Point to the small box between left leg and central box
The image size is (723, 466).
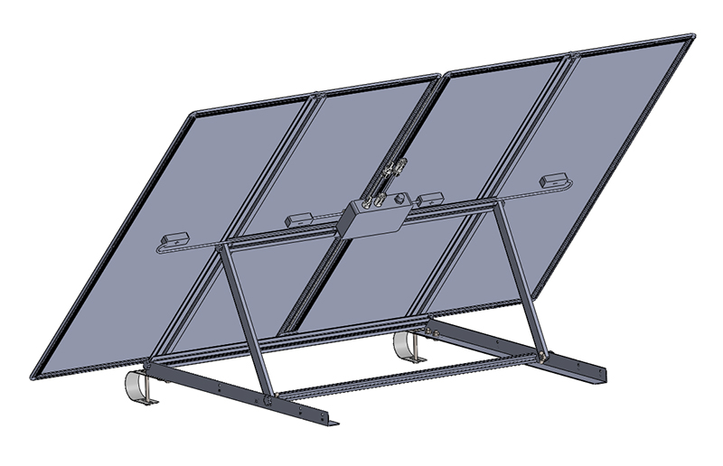(x=298, y=219)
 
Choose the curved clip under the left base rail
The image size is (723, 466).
(x=138, y=385)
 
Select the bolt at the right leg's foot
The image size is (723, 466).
(x=543, y=356)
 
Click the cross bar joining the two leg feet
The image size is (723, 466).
(x=407, y=377)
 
